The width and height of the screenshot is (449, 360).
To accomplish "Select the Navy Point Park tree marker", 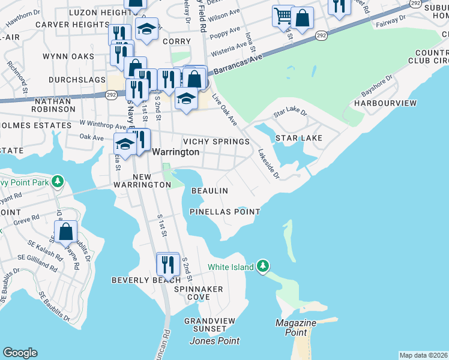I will coord(57,181).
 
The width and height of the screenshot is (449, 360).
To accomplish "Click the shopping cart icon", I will coord(282,16).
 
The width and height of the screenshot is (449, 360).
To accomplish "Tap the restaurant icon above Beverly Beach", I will coord(167,263).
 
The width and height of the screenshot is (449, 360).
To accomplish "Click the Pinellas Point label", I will coord(224,212).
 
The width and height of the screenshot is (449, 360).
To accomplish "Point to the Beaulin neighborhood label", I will coord(209,191).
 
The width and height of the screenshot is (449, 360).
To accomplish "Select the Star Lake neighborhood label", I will coord(299,139).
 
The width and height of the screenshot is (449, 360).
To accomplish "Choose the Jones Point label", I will coord(214,341).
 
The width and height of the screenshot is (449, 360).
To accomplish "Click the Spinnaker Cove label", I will coord(198,293).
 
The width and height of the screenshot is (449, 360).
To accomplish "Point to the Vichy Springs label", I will coord(216,142).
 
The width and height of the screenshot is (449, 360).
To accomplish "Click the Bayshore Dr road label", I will coord(377,87).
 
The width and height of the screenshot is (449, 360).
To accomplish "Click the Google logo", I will coord(20,353).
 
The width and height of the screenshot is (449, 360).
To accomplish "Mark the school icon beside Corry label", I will coord(146,30).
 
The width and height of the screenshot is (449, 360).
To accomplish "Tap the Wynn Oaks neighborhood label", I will coord(68,56).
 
